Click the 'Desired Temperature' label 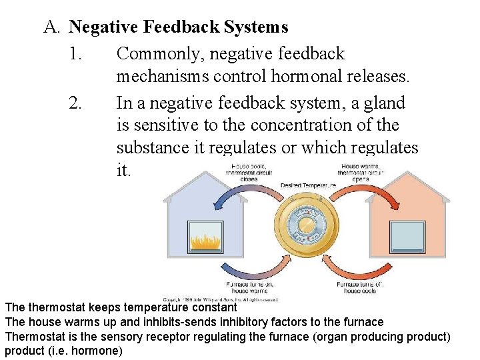tap(309, 185)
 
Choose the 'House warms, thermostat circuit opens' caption tap(360, 172)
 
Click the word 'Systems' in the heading tap(256, 27)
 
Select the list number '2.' tap(75, 103)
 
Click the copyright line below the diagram tap(220, 299)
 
